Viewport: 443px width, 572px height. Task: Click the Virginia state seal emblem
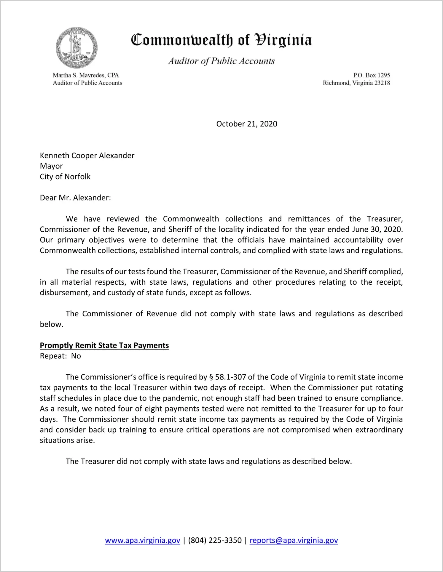click(77, 48)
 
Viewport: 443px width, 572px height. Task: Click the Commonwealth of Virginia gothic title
click(221, 40)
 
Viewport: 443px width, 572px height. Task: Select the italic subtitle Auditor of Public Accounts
click(221, 61)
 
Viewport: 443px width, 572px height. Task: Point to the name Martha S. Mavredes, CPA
click(86, 75)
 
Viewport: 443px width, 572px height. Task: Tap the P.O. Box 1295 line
click(371, 75)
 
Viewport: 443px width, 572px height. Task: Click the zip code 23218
click(382, 83)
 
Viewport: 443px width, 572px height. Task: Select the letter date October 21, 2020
click(247, 124)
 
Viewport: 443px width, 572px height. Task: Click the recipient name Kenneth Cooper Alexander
click(87, 156)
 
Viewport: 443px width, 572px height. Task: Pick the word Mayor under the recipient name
click(51, 166)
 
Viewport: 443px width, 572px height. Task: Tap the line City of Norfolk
click(65, 177)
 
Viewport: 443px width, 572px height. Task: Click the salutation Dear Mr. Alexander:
click(75, 198)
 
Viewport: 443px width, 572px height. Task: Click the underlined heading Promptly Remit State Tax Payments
click(104, 345)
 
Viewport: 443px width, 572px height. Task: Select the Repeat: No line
click(60, 356)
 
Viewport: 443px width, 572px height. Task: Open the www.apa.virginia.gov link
click(143, 540)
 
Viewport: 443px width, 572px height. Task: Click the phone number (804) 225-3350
click(215, 540)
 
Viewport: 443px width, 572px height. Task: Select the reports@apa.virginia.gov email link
click(294, 540)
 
